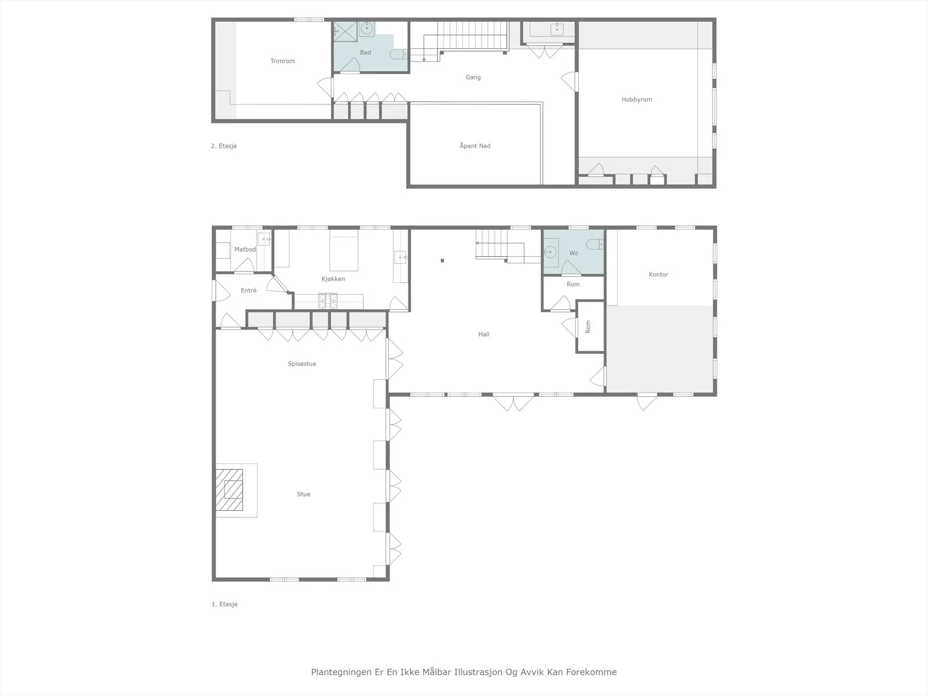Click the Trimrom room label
[x=282, y=61]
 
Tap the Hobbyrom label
[x=637, y=100]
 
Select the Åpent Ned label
[x=475, y=146]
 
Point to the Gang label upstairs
[x=473, y=77]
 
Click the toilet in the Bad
[x=398, y=54]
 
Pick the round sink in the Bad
[x=367, y=29]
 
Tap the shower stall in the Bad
[x=345, y=32]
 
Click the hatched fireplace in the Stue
[x=229, y=490]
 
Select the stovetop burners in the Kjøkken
[x=328, y=301]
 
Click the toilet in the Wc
[x=595, y=244]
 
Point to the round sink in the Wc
[x=550, y=252]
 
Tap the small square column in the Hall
[x=442, y=261]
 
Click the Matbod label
[x=245, y=249]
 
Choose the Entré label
[x=249, y=291]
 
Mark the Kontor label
[x=658, y=275]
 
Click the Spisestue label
[x=302, y=364]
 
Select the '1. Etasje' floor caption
[x=224, y=604]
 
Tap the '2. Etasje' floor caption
[x=224, y=146]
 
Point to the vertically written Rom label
[x=588, y=327]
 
